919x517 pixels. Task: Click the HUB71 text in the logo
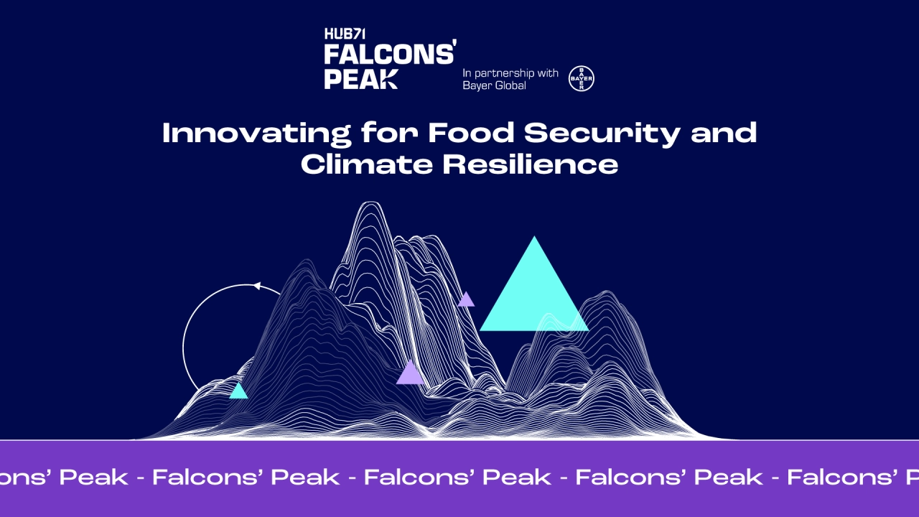345,34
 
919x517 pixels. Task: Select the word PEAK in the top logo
361,79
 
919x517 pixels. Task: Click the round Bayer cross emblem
582,78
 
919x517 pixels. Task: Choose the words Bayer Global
495,85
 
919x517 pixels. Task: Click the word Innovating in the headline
257,134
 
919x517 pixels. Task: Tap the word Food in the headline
471,133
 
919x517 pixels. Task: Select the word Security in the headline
602,134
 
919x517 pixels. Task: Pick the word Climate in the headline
367,164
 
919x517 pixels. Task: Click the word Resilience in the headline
530,164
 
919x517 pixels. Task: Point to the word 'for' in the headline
390,133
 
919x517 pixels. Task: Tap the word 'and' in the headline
724,133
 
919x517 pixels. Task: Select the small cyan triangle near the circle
238,391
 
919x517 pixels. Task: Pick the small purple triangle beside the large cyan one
466,300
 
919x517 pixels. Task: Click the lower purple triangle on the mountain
410,373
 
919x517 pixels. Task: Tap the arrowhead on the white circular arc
257,286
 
